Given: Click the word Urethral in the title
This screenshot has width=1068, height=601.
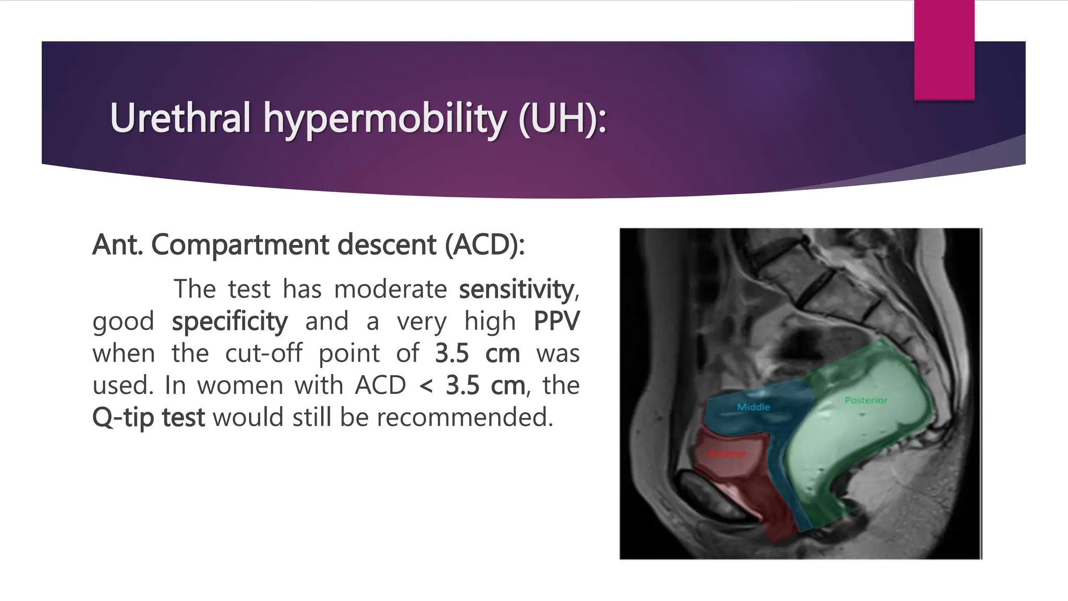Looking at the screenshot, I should [x=180, y=118].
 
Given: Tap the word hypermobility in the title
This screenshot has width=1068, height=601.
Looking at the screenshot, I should [x=384, y=119].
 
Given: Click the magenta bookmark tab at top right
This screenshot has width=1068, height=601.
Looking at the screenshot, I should [x=944, y=50].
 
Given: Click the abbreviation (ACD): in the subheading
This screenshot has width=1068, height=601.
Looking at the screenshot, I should [x=484, y=245].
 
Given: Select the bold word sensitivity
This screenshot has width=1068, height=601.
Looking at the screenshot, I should [x=516, y=290].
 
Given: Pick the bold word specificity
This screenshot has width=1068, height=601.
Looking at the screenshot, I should [x=229, y=321].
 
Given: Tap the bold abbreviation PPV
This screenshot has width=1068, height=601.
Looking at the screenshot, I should [x=556, y=321].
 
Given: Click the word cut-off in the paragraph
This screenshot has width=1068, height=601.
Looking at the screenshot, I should [x=263, y=354].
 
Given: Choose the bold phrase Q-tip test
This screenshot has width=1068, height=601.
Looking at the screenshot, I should [x=149, y=418].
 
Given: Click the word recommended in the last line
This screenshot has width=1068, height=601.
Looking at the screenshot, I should [x=464, y=417].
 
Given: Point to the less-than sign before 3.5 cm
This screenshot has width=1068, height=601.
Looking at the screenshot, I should [x=426, y=386].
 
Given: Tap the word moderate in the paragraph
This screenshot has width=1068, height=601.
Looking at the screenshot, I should [x=390, y=290].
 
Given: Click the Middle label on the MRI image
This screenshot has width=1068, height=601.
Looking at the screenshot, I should [x=754, y=407].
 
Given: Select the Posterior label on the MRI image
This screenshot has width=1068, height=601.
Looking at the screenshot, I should [x=866, y=400].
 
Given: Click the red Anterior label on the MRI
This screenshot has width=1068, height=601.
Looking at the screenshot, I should [x=727, y=454].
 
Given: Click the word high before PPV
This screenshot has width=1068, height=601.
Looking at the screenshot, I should [x=490, y=321].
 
